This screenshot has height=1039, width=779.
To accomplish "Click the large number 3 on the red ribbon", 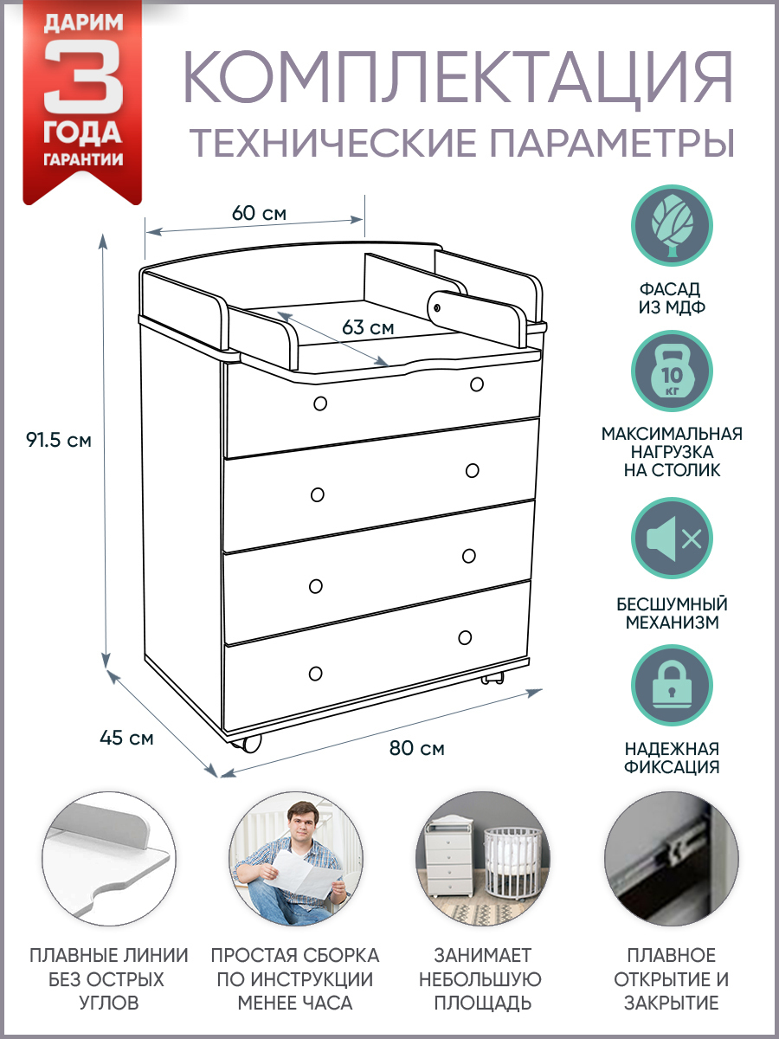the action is (x=83, y=77).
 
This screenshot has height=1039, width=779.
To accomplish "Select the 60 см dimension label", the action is (x=259, y=214).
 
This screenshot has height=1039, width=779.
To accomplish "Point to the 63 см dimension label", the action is (x=368, y=327).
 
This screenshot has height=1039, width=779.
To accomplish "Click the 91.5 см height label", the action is (x=59, y=441).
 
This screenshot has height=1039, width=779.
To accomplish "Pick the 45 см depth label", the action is (x=126, y=738).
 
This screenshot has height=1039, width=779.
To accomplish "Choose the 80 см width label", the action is (x=416, y=748).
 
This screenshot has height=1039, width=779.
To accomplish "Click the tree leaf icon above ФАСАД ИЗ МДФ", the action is (x=672, y=225).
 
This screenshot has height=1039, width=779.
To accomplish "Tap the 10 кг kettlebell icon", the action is (x=672, y=372).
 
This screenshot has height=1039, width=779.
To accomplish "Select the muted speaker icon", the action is (x=672, y=539).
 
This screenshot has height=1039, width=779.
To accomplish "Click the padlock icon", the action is (x=672, y=686).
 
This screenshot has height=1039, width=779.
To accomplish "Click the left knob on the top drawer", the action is (x=320, y=403).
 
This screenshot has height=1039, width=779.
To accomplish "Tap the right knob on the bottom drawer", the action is (x=465, y=637).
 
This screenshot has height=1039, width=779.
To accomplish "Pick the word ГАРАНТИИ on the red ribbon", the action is (x=83, y=159).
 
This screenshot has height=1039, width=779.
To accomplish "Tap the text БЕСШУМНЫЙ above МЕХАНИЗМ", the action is (x=672, y=604).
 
